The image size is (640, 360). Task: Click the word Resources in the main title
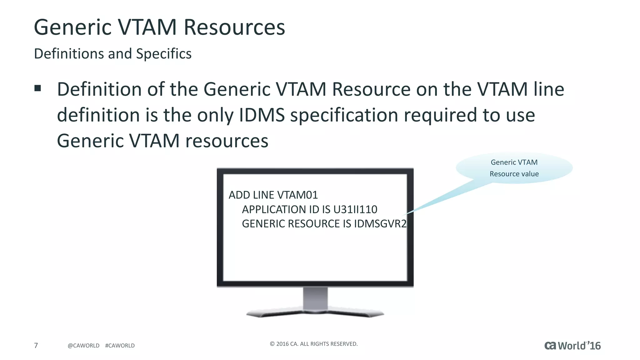tap(234, 27)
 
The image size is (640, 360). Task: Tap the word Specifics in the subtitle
tap(164, 54)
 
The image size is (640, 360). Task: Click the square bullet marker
tap(38, 88)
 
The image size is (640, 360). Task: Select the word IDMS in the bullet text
tap(262, 115)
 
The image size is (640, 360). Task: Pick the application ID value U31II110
tap(355, 209)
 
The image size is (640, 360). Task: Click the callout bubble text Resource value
tap(514, 174)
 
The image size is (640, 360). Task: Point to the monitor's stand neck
tap(315, 298)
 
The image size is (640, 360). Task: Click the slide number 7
tap(36, 345)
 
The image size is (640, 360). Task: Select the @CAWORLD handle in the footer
tap(83, 346)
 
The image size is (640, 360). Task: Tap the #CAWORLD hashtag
tap(120, 346)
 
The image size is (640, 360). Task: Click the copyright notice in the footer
tap(313, 344)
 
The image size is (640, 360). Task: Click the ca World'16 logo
tap(572, 346)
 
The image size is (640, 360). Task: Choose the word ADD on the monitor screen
tap(239, 195)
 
